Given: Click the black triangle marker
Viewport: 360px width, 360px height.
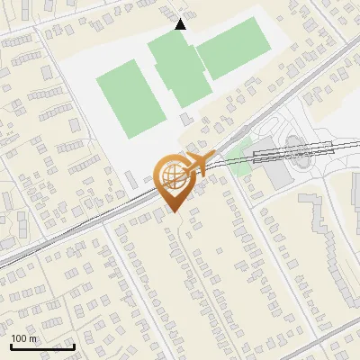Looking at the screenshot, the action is tap(181, 24).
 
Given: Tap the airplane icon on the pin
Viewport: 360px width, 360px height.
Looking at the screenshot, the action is tap(201, 164).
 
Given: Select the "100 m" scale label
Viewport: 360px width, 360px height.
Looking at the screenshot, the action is tap(23, 338).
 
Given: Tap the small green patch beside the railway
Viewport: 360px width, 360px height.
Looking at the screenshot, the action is tap(238, 166).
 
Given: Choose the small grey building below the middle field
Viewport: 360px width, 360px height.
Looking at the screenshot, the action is tap(186, 119).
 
